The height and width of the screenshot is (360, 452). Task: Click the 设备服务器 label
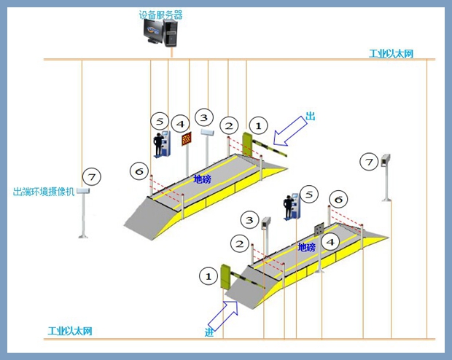click(160, 15)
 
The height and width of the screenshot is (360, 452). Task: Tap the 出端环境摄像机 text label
click(43, 192)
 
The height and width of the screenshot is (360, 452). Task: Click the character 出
click(310, 117)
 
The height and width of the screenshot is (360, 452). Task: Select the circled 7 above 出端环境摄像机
click(90, 176)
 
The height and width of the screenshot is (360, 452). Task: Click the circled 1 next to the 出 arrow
click(258, 125)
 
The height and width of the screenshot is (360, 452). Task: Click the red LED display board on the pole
click(186, 138)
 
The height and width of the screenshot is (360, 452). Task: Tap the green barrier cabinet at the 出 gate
click(248, 144)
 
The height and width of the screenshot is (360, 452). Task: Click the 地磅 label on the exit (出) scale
click(202, 179)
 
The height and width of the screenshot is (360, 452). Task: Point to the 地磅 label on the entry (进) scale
click(307, 248)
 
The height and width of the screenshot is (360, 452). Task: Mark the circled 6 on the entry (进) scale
click(337, 199)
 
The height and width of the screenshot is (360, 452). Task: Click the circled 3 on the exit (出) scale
click(203, 117)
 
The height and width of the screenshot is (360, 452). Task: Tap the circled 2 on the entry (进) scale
click(239, 243)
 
